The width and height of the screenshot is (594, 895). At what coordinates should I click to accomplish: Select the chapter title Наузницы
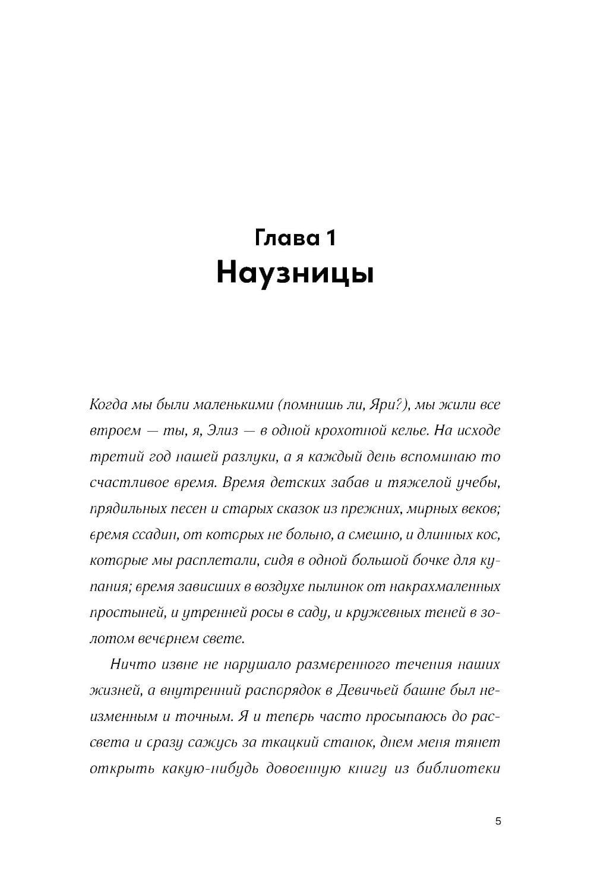pyautogui.click(x=295, y=273)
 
